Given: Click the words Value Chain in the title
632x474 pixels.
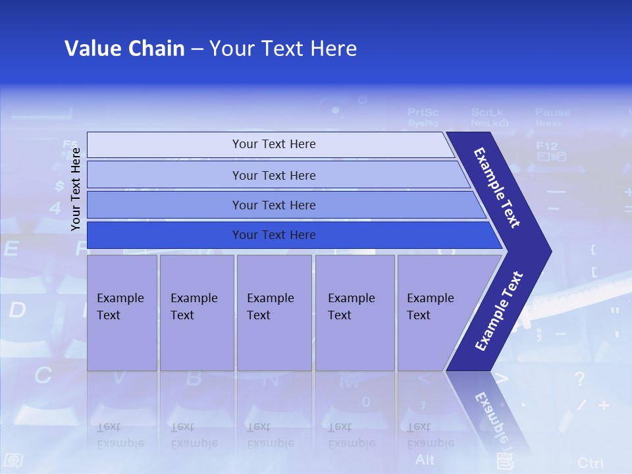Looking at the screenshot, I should click(x=124, y=49).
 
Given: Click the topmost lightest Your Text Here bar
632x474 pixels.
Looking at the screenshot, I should click(x=273, y=144).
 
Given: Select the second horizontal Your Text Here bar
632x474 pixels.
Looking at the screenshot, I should click(x=273, y=175).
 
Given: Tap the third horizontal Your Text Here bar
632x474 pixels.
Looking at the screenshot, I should click(x=273, y=205).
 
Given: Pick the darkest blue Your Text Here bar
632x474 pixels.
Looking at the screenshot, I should click(x=273, y=235).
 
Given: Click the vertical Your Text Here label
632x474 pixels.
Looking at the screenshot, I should click(x=76, y=189).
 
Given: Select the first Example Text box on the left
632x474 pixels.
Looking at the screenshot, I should click(x=122, y=313).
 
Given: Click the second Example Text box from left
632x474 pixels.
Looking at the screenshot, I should click(x=196, y=313).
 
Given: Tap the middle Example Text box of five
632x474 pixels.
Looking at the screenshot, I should click(x=274, y=313).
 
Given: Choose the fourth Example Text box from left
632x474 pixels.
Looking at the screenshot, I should click(x=354, y=313).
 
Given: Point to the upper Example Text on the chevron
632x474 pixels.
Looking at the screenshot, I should click(x=497, y=188).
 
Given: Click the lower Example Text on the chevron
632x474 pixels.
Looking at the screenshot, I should click(x=498, y=311).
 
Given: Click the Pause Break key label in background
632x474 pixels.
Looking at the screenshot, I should click(x=552, y=117).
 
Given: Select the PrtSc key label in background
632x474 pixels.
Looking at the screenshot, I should click(x=423, y=117).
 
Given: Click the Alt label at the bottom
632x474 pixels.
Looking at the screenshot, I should click(x=425, y=459).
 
